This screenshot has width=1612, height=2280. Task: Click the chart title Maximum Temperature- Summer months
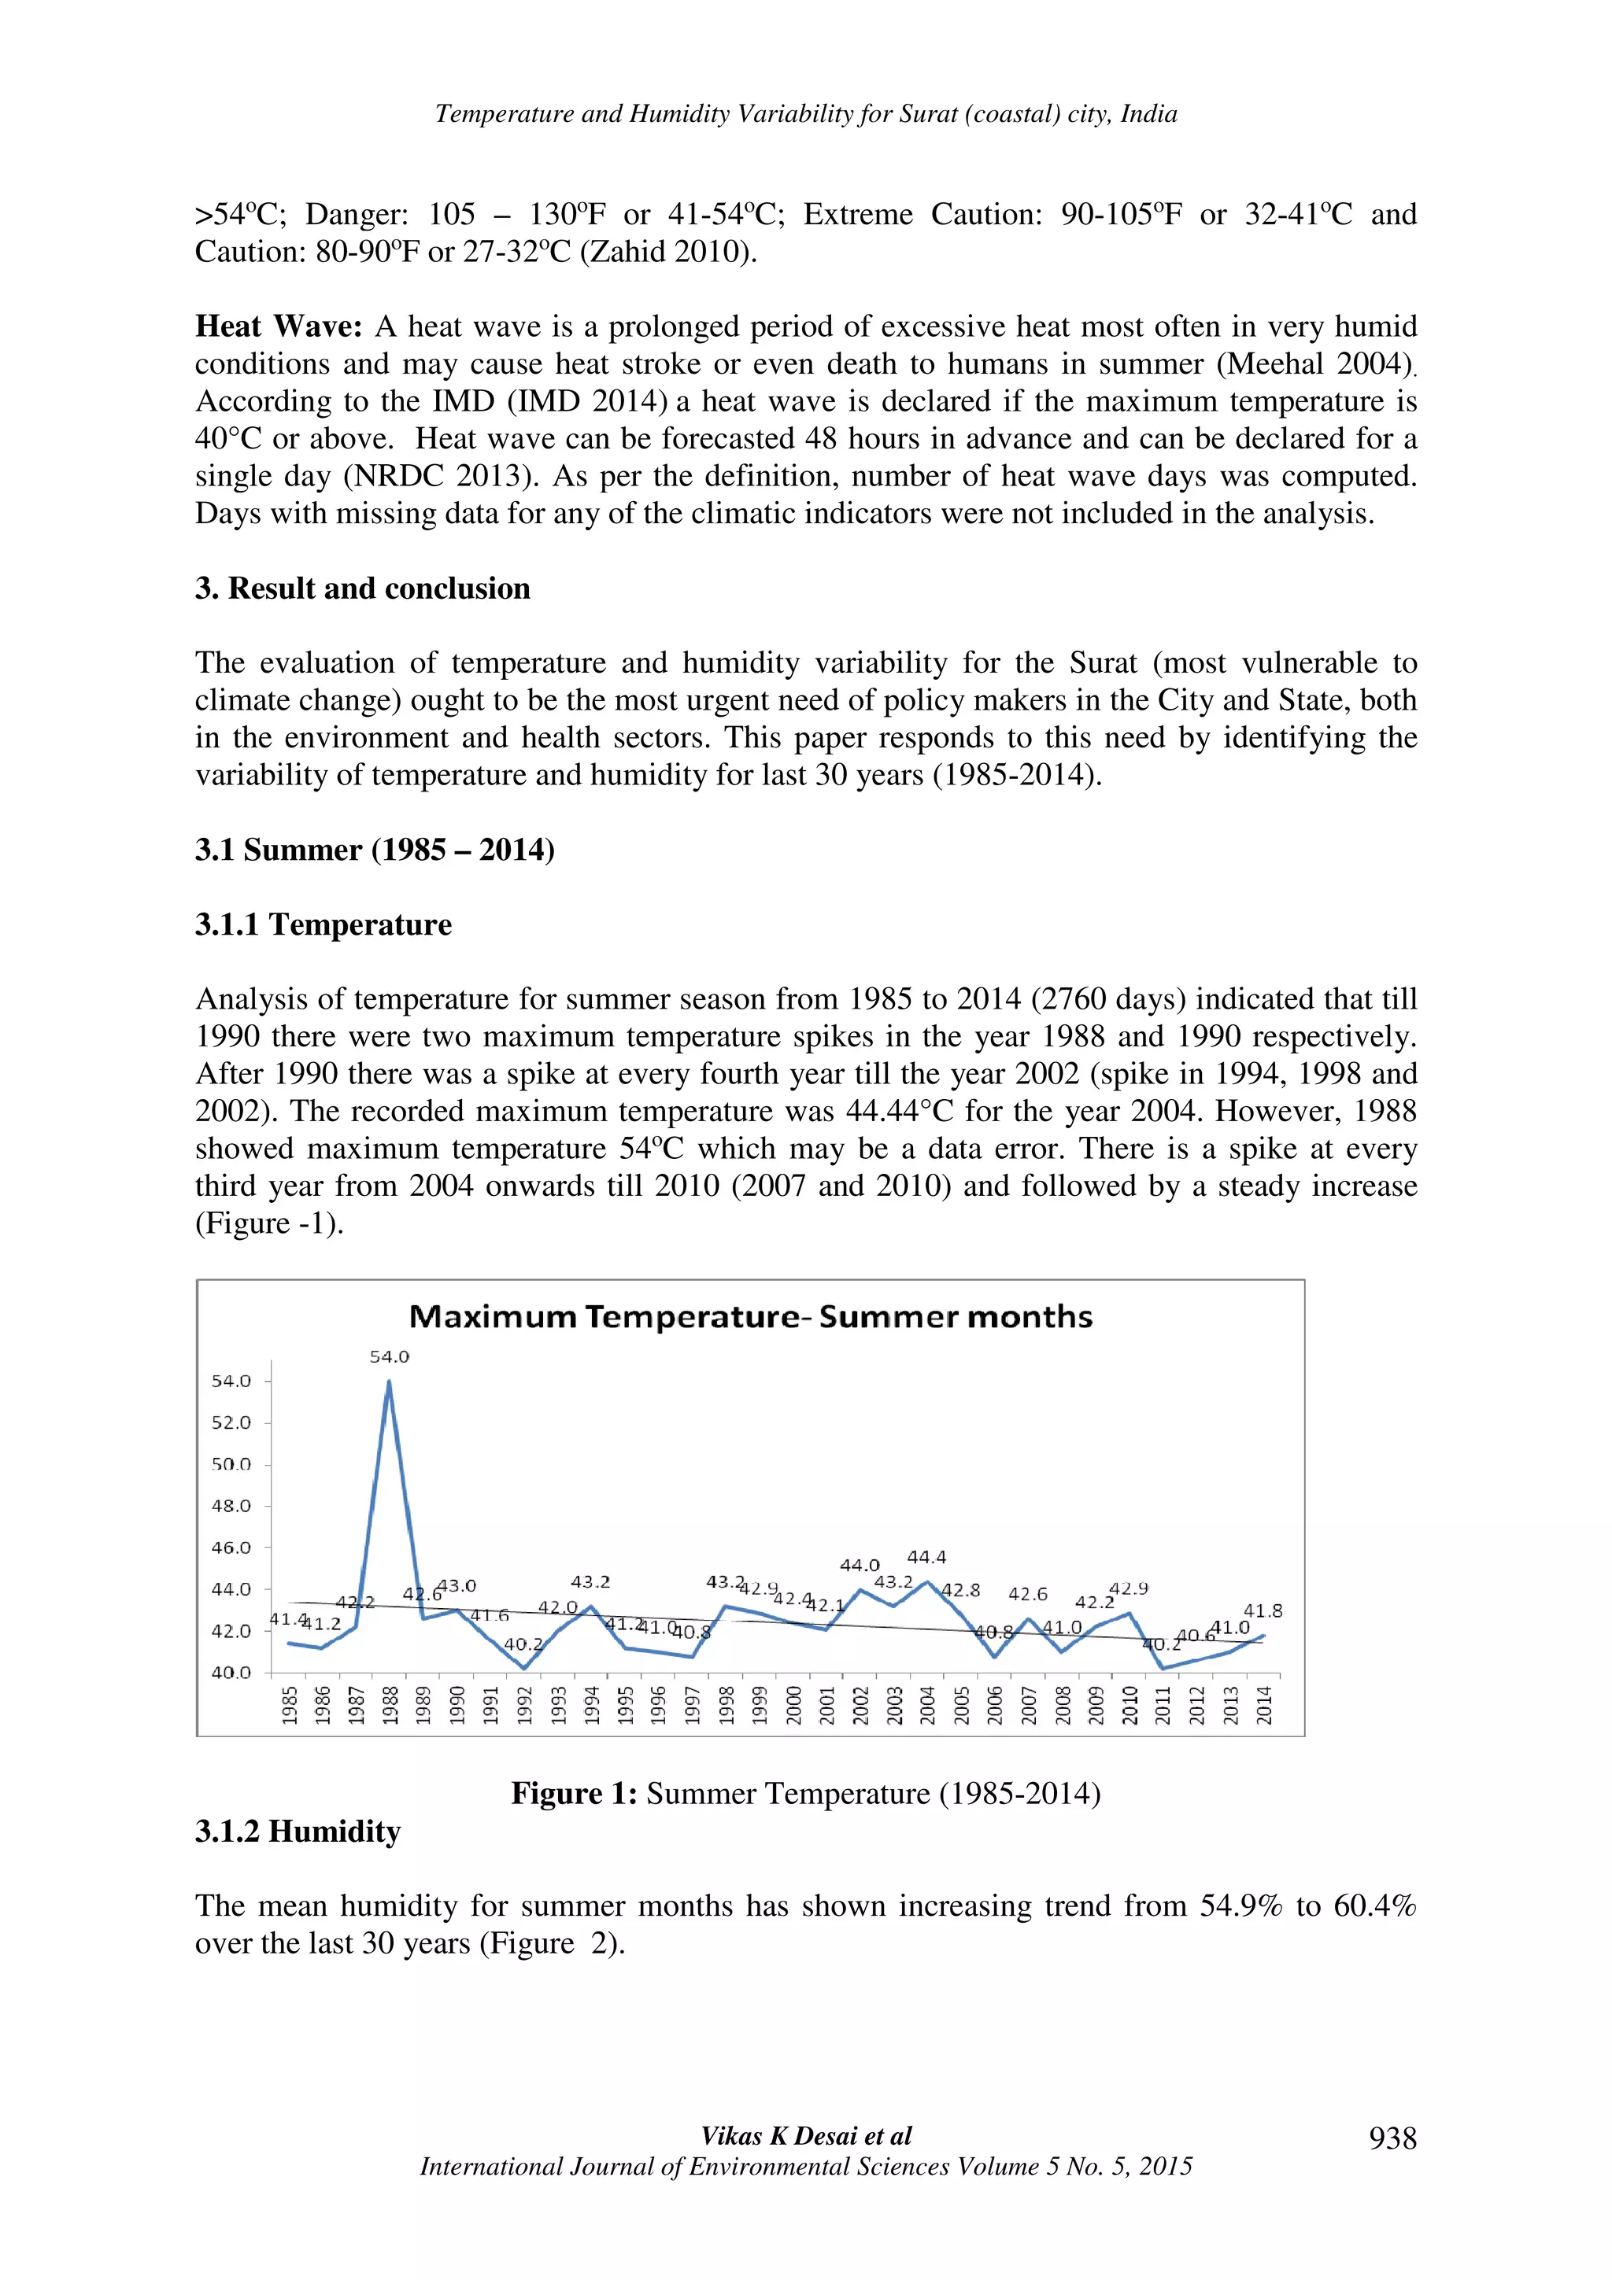750,1317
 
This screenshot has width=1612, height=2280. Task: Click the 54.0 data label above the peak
390,1356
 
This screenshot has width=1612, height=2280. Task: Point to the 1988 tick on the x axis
390,1705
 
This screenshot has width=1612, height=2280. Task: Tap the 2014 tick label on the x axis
1263,1705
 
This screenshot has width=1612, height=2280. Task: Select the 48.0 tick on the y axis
231,1505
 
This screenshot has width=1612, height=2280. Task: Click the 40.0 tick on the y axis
231,1673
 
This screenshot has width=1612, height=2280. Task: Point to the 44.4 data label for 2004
926,1557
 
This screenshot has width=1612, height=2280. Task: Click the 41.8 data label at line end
1263,1610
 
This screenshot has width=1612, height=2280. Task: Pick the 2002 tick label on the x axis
860,1705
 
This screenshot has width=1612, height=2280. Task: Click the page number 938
1392,2138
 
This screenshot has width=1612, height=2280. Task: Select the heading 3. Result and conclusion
363,588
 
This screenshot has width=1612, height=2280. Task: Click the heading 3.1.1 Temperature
323,924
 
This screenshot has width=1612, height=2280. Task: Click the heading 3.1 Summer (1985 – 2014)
375,850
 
